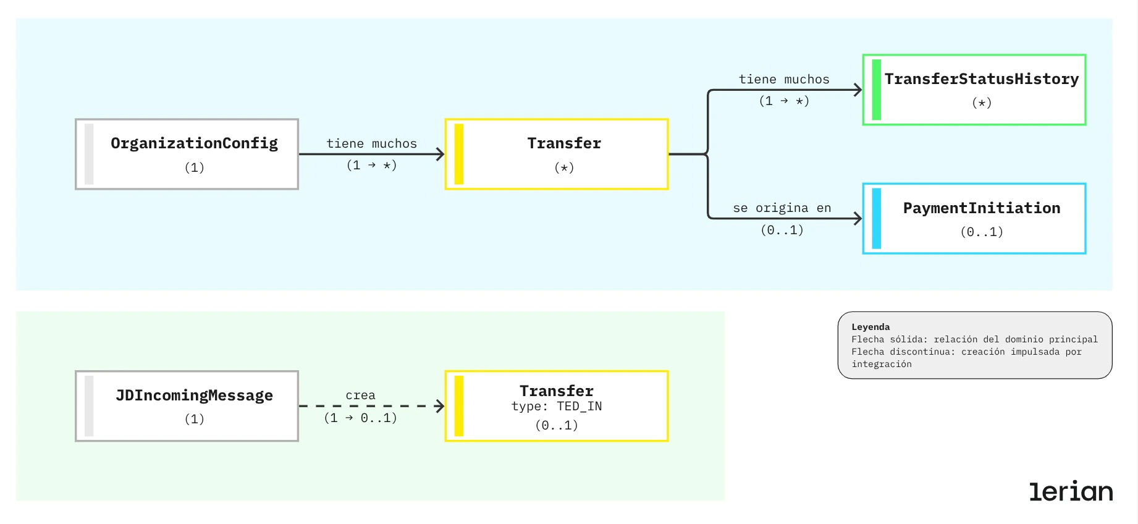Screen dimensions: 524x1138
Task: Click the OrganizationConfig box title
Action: click(194, 143)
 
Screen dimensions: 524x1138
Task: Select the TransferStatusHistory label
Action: click(981, 79)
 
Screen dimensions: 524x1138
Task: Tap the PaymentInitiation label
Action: click(981, 208)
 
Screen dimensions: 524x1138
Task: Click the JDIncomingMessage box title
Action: click(194, 395)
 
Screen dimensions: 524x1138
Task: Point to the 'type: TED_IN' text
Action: click(556, 407)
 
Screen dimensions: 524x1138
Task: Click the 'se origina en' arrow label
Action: click(782, 208)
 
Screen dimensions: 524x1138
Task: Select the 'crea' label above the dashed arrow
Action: click(360, 395)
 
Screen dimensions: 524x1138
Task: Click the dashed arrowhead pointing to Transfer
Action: click(440, 406)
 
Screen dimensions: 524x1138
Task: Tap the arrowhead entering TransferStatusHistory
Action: click(858, 90)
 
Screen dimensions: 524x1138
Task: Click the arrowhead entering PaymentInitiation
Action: click(858, 219)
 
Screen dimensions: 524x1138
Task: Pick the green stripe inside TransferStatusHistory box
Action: click(876, 90)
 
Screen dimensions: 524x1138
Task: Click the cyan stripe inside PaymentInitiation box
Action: click(876, 219)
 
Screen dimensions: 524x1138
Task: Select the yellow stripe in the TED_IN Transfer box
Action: click(458, 406)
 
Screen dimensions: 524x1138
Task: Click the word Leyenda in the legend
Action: click(870, 327)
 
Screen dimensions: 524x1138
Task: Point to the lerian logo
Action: click(1070, 491)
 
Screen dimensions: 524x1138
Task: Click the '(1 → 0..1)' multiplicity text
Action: click(360, 418)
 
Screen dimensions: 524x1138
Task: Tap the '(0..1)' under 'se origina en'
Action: click(782, 230)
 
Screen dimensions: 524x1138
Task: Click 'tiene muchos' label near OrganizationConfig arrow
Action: click(371, 144)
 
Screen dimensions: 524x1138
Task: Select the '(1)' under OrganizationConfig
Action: click(194, 167)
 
